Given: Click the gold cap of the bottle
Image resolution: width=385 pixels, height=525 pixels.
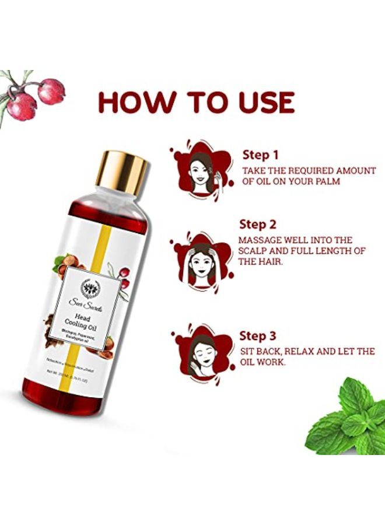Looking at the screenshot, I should (122, 173).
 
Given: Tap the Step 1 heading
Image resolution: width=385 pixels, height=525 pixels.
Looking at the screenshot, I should (260, 155).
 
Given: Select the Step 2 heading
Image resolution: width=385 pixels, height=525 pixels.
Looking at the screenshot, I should (258, 224).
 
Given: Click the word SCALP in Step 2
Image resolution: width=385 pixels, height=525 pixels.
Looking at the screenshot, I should (256, 250).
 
